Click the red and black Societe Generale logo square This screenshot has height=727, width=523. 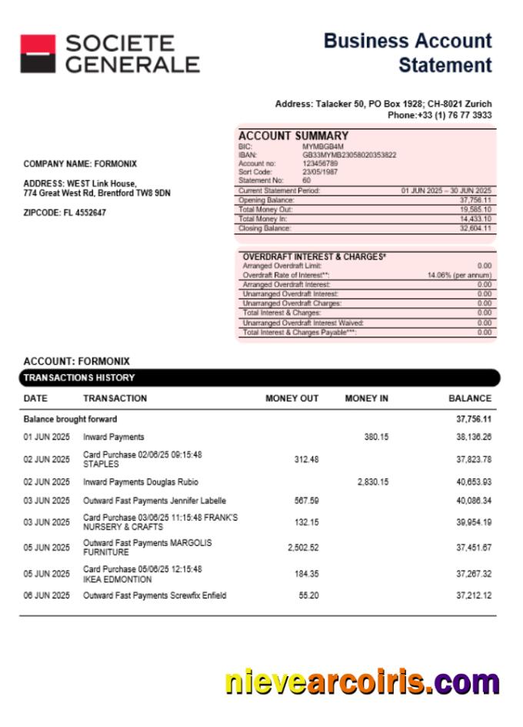37,54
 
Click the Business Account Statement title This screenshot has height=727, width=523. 408,52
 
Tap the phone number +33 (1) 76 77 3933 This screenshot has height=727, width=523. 440,115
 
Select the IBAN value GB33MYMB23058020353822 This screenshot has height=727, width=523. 349,154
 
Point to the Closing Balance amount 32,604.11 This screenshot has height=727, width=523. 476,229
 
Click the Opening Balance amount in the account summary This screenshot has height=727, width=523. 476,200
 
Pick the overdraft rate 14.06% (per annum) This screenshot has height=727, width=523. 460,275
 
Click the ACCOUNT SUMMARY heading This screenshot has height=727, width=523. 288,136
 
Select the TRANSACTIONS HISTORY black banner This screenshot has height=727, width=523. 259,378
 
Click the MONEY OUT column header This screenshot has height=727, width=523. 291,399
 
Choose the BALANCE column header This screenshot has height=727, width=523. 469,399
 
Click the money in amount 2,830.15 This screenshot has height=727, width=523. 373,482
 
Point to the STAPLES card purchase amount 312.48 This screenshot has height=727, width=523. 306,460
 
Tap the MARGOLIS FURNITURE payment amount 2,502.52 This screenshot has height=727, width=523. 302,548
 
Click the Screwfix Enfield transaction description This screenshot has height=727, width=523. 155,595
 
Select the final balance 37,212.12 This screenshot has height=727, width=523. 474,595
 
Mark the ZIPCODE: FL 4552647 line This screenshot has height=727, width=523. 65,213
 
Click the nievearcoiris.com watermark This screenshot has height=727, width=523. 362,683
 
